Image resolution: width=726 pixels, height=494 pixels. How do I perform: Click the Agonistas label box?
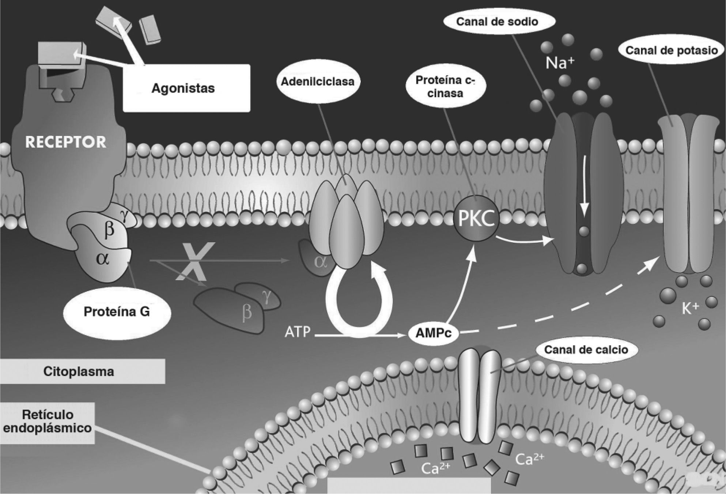point(186,88)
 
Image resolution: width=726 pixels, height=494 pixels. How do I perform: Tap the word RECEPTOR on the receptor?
point(66,142)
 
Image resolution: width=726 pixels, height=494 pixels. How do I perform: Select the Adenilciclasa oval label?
point(317,82)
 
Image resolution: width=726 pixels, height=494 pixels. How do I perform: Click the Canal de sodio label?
point(497,22)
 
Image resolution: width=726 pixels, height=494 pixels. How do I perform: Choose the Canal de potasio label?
point(672,50)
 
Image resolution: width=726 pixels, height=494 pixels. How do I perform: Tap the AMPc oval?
point(434,332)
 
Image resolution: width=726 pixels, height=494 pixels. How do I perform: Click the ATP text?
point(298,332)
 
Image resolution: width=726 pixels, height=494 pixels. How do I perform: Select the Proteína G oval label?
point(117,312)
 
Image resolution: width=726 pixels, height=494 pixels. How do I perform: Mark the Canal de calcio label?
point(586,350)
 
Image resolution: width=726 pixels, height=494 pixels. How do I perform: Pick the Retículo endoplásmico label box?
point(48,422)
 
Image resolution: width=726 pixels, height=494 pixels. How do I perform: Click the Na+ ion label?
point(560,63)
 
